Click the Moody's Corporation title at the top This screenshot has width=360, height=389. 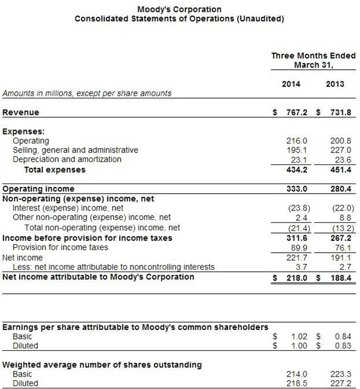pyautogui.click(x=179, y=10)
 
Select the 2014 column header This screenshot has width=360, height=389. pyautogui.click(x=291, y=84)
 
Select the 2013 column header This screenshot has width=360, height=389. pyautogui.click(x=335, y=84)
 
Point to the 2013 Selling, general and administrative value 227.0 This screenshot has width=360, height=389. pyautogui.click(x=341, y=150)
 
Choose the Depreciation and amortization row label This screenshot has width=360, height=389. pyautogui.click(x=67, y=159)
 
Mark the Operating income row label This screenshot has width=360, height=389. pyautogui.click(x=38, y=189)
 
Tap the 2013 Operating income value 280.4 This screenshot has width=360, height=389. pyautogui.click(x=341, y=189)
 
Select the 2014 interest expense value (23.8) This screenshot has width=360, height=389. pyautogui.click(x=296, y=208)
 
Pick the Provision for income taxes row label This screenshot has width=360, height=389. pyautogui.click(x=60, y=248)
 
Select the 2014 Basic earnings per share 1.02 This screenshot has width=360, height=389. pyautogui.click(x=299, y=337)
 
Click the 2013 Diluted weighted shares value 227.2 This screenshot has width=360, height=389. pyautogui.click(x=341, y=383)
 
